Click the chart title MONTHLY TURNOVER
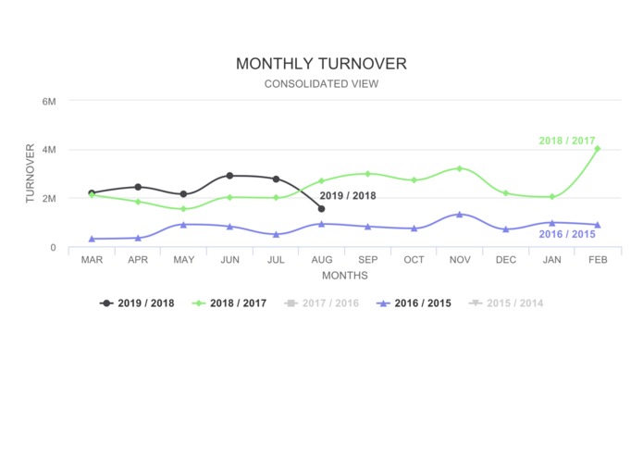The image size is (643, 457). (x=321, y=64)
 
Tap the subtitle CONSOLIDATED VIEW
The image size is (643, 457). (x=321, y=84)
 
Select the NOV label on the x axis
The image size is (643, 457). (x=460, y=260)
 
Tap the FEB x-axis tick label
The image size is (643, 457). (x=598, y=260)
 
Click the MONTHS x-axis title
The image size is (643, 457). (x=344, y=276)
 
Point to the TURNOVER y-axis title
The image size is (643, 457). (x=31, y=173)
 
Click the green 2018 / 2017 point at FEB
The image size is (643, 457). (x=598, y=149)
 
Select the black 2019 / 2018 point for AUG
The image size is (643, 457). (x=321, y=209)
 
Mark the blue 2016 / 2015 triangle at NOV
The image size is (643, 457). (x=460, y=215)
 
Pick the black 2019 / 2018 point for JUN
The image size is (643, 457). (x=229, y=175)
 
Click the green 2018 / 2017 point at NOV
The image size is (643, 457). (x=460, y=168)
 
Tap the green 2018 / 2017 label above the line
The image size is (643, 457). (x=567, y=141)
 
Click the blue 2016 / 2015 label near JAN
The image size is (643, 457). (x=566, y=235)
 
